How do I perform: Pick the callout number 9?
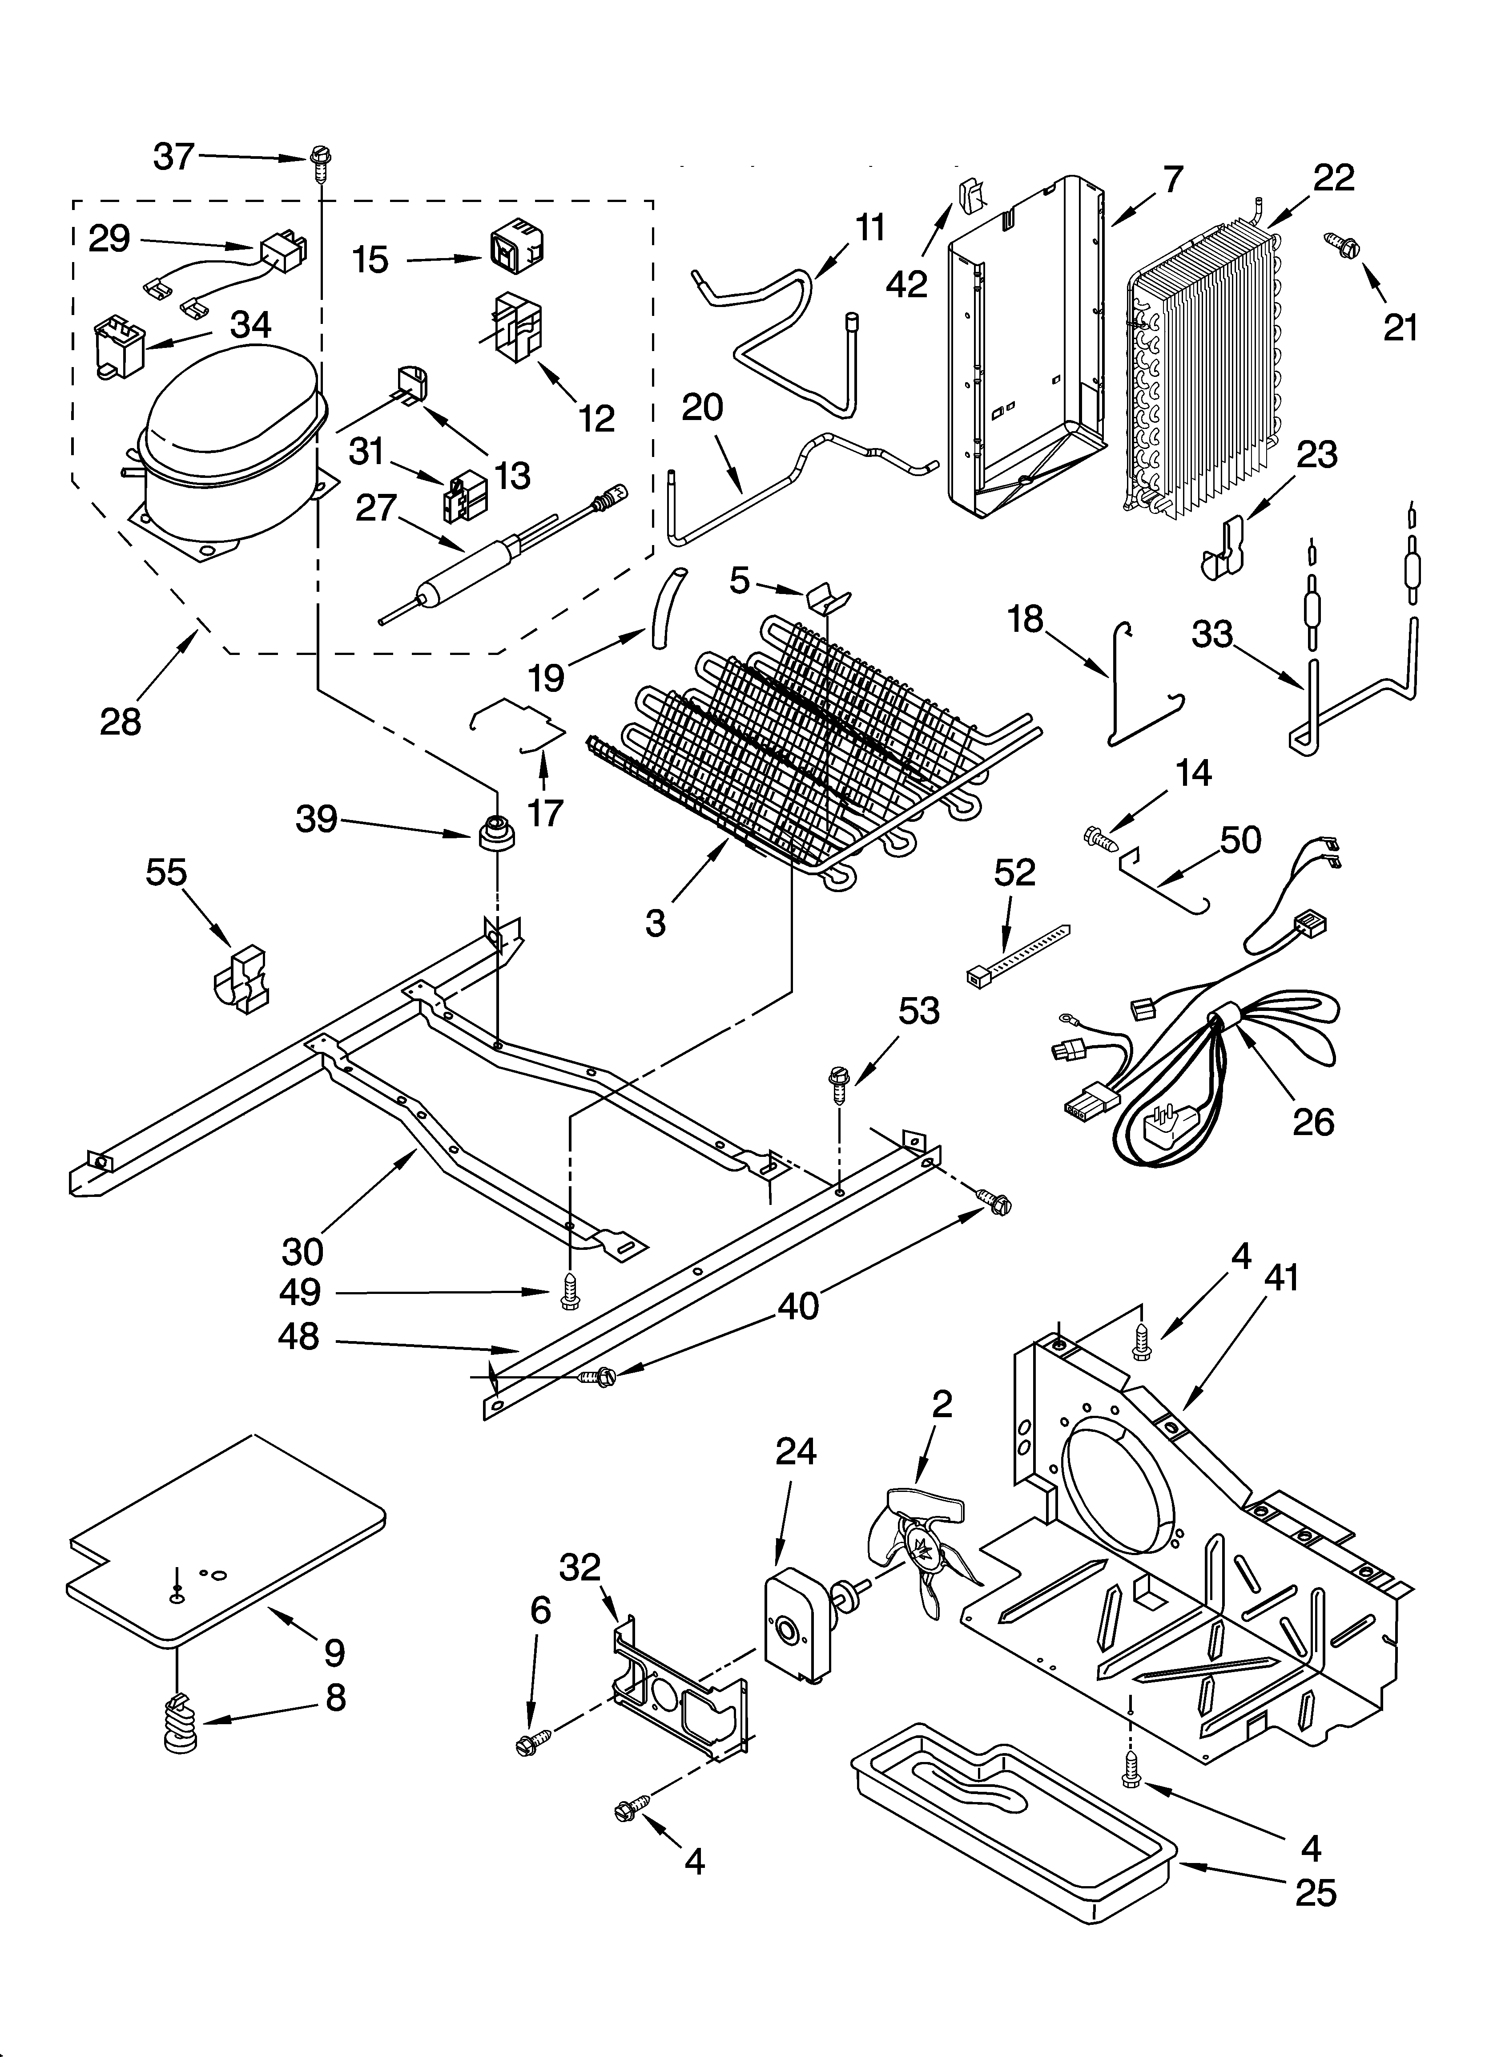334,1653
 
